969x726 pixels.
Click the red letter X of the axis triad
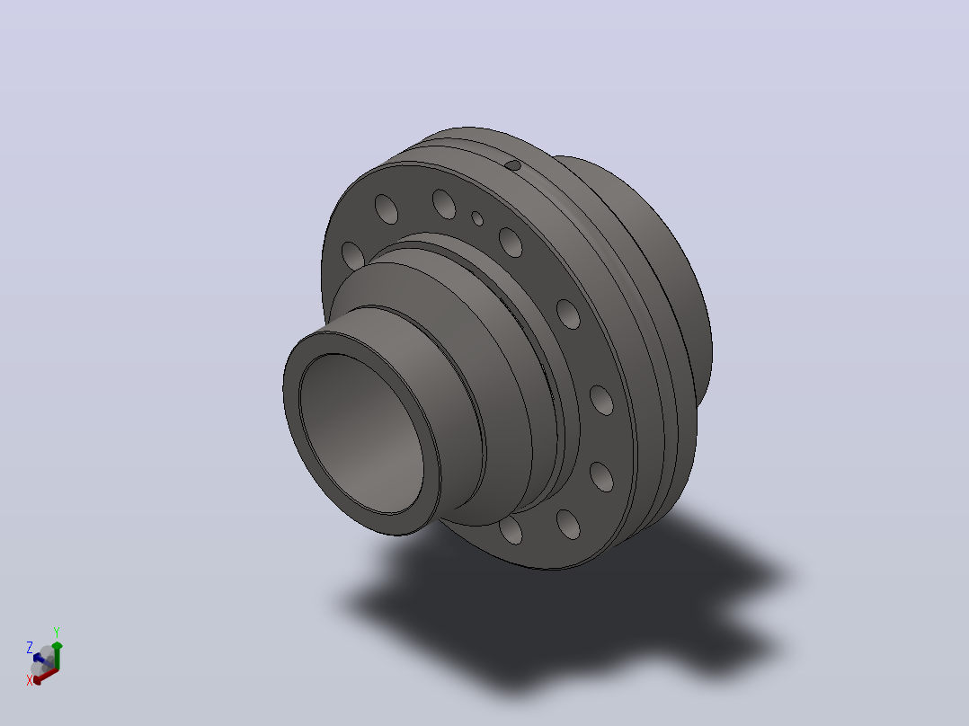click(29, 680)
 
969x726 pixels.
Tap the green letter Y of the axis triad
click(57, 632)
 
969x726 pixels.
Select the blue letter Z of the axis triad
click(29, 648)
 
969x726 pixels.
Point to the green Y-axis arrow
click(57, 656)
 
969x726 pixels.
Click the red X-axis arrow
click(45, 676)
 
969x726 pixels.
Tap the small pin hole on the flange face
click(477, 218)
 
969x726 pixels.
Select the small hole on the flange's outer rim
click(513, 165)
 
